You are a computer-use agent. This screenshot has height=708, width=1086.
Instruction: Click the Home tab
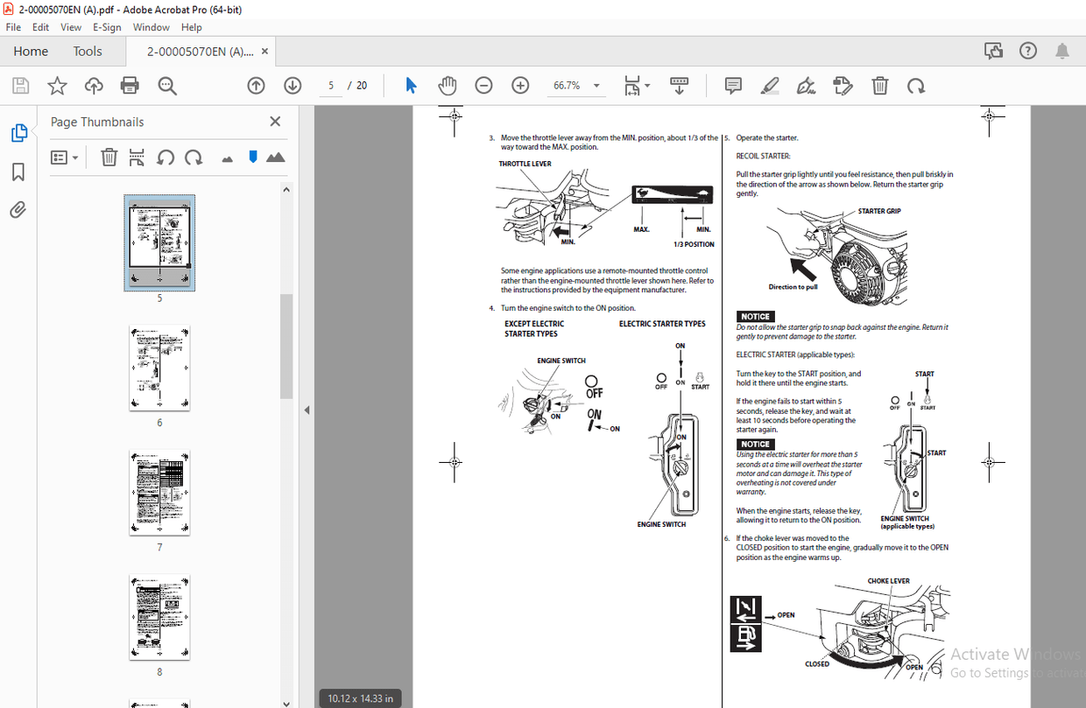pos(31,52)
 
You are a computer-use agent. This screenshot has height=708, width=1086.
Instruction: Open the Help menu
pos(191,27)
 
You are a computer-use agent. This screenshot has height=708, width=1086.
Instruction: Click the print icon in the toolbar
pos(130,86)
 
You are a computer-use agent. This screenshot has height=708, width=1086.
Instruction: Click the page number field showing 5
pos(331,86)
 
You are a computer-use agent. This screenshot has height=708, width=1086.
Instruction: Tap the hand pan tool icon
pos(448,86)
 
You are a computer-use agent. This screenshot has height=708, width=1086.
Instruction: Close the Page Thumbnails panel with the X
pos(275,122)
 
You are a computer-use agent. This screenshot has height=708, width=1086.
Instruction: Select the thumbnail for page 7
pos(159,492)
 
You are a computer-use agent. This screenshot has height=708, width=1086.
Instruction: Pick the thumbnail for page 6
pos(159,368)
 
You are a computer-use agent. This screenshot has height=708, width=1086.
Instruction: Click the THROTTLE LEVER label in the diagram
pos(525,164)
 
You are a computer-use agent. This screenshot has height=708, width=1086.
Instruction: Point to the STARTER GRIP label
pos(879,211)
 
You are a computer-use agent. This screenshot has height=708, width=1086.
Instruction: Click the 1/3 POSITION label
pos(694,244)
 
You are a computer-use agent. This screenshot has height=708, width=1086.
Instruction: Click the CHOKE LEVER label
pos(888,581)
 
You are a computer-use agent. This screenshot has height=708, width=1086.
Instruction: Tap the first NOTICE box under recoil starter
pos(755,317)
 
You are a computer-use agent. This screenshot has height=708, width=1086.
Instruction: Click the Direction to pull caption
pos(793,287)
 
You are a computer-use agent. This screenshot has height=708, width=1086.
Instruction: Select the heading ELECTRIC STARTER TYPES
pos(662,324)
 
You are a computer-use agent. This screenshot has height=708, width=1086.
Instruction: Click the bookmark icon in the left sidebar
pos(18,172)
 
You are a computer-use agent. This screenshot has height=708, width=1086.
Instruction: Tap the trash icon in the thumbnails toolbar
pos(109,158)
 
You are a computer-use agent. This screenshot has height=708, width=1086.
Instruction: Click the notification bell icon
pos(1061,52)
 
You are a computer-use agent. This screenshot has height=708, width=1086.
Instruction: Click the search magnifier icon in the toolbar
pos(167,86)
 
